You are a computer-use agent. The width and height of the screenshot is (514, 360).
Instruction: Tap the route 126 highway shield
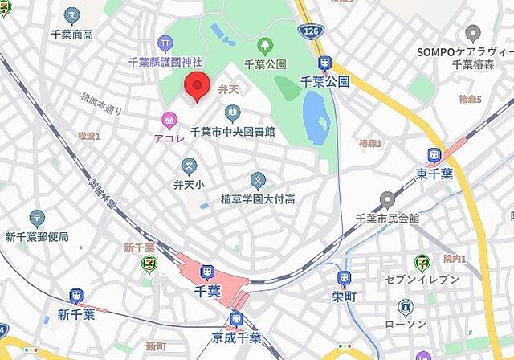point(308,31)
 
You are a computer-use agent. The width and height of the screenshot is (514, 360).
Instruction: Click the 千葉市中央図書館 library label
point(232,131)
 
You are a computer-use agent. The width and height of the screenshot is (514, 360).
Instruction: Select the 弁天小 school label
point(189,184)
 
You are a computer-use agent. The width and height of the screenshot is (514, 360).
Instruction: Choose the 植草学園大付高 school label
point(257,198)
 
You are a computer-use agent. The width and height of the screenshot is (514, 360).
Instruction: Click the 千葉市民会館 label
point(388,218)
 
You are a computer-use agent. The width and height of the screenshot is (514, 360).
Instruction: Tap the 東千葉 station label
point(434,172)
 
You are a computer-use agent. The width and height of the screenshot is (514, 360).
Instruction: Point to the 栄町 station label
point(344,296)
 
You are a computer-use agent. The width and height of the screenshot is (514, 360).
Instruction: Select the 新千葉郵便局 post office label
point(37,236)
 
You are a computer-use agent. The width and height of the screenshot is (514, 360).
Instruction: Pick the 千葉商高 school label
point(72,35)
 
